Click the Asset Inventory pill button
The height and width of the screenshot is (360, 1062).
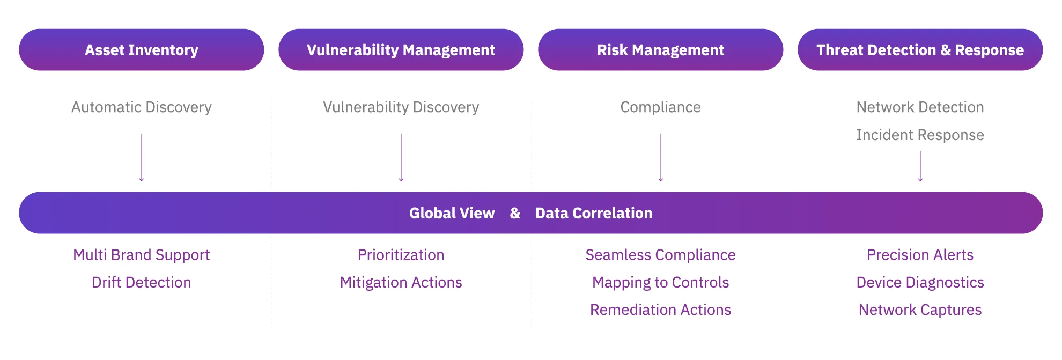point(142,50)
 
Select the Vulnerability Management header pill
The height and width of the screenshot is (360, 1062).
point(401,50)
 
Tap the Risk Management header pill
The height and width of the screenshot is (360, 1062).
point(660,50)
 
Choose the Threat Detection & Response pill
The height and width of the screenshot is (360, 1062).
point(920,50)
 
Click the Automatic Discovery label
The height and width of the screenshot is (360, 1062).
point(142,107)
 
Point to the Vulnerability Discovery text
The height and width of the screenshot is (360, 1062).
point(401,107)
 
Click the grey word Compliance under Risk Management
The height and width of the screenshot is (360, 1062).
point(660,107)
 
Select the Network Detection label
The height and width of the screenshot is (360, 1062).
point(920,107)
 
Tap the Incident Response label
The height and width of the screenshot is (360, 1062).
point(920,135)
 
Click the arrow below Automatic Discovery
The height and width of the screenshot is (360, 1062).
point(142,157)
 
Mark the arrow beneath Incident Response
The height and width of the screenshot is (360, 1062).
point(920,166)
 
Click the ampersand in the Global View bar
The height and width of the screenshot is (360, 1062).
point(515,213)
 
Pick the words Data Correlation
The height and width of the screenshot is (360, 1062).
point(594,213)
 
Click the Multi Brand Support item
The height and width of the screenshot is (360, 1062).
point(142,255)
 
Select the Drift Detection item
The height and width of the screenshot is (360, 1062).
point(142,282)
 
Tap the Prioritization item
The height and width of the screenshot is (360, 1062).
point(401,255)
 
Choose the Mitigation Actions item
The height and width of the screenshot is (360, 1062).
point(401,282)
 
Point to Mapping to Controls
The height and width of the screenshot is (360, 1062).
point(660,282)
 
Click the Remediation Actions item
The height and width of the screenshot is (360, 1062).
point(660,310)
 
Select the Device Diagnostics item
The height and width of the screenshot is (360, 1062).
point(920,282)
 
